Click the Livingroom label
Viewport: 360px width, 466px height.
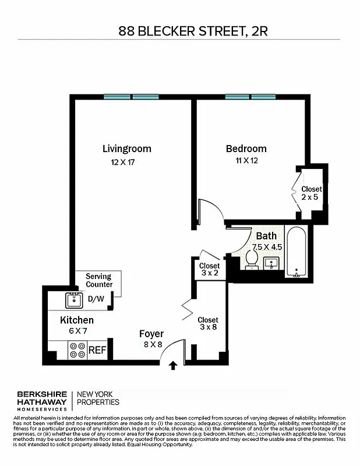(126, 149)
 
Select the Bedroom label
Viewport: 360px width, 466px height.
(246, 149)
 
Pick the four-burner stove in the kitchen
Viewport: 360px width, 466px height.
(77, 349)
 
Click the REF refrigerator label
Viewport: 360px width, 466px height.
(96, 350)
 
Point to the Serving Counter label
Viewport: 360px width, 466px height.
(98, 280)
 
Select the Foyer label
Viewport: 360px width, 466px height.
(151, 334)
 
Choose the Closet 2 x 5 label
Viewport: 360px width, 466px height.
(311, 193)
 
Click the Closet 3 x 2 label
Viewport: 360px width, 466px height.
(209, 269)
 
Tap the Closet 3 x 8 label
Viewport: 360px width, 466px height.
(208, 323)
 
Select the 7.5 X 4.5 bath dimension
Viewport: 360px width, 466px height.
(267, 246)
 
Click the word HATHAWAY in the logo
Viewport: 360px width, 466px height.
(39, 402)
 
